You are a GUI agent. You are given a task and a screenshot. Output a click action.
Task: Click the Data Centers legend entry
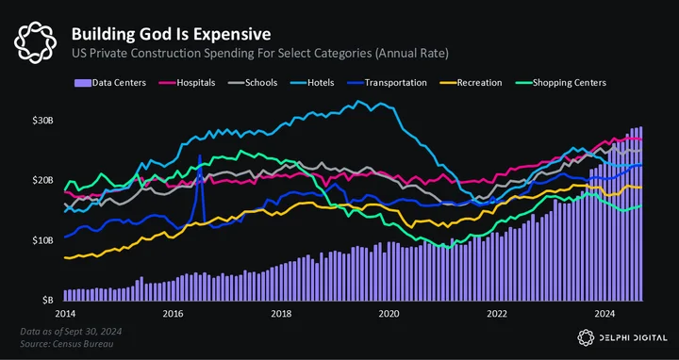[x=110, y=83]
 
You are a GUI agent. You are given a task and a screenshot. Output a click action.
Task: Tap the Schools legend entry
[x=253, y=83]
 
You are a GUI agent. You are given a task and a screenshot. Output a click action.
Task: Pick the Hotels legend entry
[x=311, y=83]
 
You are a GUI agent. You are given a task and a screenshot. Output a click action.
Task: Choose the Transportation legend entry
[x=387, y=83]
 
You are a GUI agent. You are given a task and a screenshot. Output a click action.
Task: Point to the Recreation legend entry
[x=471, y=83]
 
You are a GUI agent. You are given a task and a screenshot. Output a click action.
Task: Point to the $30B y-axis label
[x=42, y=121]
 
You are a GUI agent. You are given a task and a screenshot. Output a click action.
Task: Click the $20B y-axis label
[x=42, y=180]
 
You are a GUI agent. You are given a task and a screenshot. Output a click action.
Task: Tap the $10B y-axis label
[x=42, y=240]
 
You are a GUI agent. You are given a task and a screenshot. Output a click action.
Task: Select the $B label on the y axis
[x=48, y=301]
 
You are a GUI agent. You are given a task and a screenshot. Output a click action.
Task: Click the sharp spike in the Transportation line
[x=200, y=155]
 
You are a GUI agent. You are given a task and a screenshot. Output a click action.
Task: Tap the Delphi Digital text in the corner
[x=633, y=338]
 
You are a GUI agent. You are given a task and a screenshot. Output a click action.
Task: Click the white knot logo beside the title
[x=35, y=42]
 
